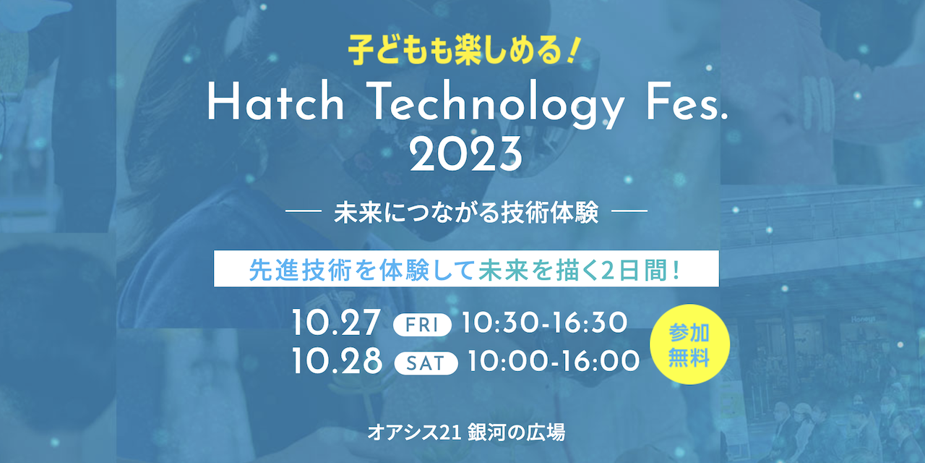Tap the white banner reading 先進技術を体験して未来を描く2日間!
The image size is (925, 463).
pos(466,269)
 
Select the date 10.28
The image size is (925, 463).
pos(337,360)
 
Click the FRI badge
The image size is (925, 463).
pos(422,325)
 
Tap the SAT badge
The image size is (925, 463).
pos(426,361)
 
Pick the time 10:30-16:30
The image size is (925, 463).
pos(544,323)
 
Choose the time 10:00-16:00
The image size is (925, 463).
pos(554,360)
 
